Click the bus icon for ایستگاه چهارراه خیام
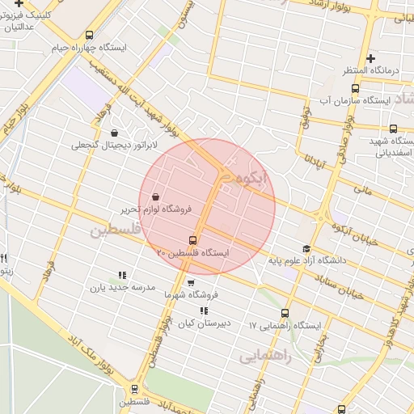(89, 35)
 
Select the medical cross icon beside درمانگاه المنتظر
(370, 58)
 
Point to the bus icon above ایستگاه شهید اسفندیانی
(393, 128)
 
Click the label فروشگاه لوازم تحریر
(156, 209)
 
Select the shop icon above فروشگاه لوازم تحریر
(154, 196)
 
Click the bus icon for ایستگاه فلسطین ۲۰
(192, 239)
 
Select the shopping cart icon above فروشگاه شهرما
(191, 283)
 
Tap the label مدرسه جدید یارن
(121, 287)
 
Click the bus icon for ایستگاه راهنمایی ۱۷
(284, 313)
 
